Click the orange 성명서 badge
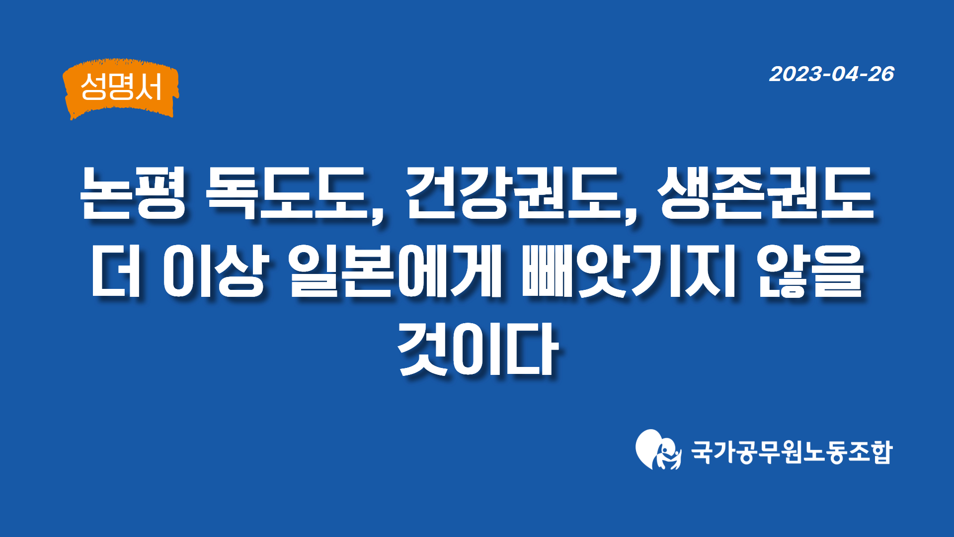121,89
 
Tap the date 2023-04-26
832,74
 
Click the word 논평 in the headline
133,192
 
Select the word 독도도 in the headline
285,192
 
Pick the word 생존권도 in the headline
766,192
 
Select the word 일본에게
396,271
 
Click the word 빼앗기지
628,271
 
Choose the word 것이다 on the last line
478,349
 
